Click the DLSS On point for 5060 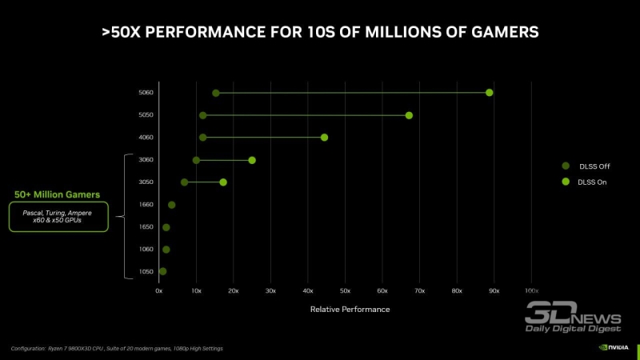[489, 93]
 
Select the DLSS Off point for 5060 [216, 93]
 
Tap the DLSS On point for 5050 [409, 115]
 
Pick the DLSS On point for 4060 [324, 138]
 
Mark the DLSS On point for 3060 [252, 160]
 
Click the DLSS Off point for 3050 [185, 182]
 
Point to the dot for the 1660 [171, 205]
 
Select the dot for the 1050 [163, 272]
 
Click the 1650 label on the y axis [146, 227]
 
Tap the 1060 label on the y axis [146, 250]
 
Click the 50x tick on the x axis [345, 291]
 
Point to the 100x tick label [531, 291]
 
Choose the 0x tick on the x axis [158, 291]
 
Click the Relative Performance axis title [350, 309]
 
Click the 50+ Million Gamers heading [57, 194]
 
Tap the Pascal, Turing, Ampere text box [57, 217]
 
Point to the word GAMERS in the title [496, 32]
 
